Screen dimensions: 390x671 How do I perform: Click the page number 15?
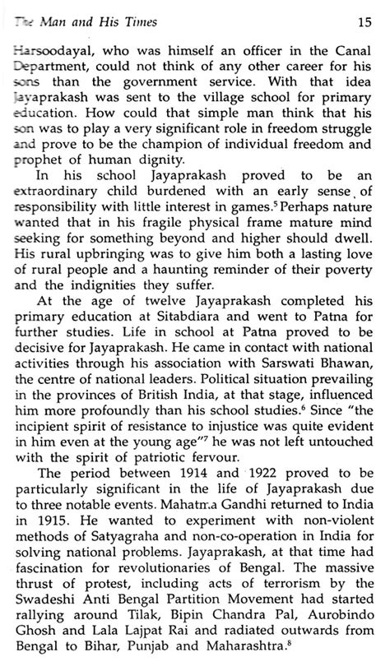[x=369, y=21]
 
